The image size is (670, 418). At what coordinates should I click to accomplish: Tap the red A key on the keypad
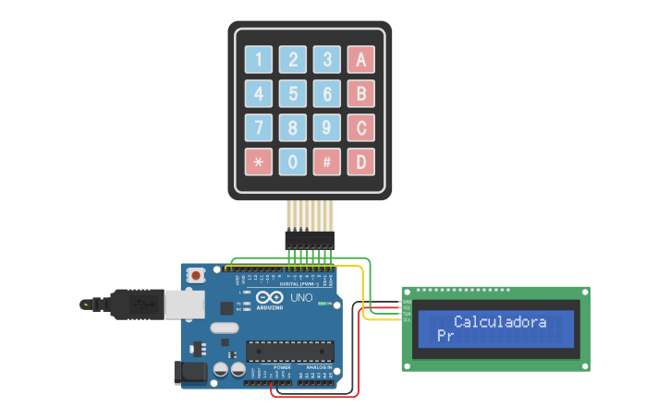click(x=360, y=60)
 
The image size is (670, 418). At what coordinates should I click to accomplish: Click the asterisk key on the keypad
click(x=259, y=162)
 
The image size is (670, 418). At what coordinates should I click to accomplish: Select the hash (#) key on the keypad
click(x=326, y=162)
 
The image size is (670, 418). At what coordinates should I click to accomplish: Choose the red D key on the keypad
click(x=360, y=162)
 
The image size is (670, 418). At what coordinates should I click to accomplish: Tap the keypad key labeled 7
click(x=259, y=128)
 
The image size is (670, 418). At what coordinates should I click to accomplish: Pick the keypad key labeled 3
click(x=326, y=60)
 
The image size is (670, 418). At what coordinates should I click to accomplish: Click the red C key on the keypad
click(x=360, y=128)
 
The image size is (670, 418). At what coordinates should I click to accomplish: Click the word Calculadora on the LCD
click(x=499, y=322)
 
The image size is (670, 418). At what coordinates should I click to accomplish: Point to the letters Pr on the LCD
click(x=445, y=337)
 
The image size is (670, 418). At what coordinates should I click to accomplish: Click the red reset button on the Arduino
click(x=196, y=275)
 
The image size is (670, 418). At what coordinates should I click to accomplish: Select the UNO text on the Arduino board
click(x=301, y=298)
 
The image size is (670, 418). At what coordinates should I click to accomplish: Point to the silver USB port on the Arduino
click(x=185, y=305)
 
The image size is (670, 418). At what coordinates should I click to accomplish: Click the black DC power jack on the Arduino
click(x=191, y=373)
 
